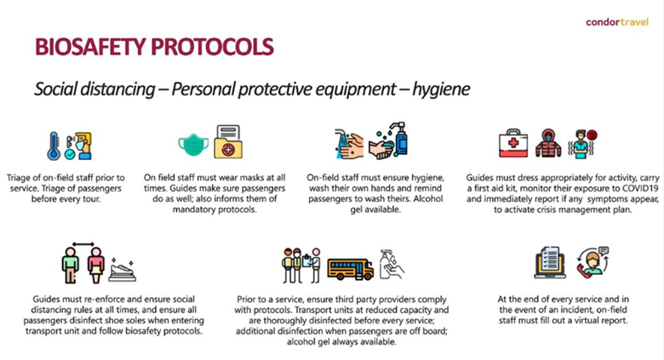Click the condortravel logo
[x=617, y=22]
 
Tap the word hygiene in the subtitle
[x=441, y=89]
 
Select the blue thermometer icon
[x=54, y=146]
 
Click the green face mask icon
[x=193, y=145]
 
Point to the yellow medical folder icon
[x=228, y=141]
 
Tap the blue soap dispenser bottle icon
[x=399, y=139]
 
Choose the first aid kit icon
[x=513, y=143]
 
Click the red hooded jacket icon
[x=548, y=143]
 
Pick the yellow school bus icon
[x=351, y=269]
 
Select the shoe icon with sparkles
[x=123, y=270]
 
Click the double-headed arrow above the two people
[x=83, y=244]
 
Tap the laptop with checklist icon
[x=550, y=263]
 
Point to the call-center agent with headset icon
[x=592, y=263]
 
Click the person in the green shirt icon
[x=71, y=266]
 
